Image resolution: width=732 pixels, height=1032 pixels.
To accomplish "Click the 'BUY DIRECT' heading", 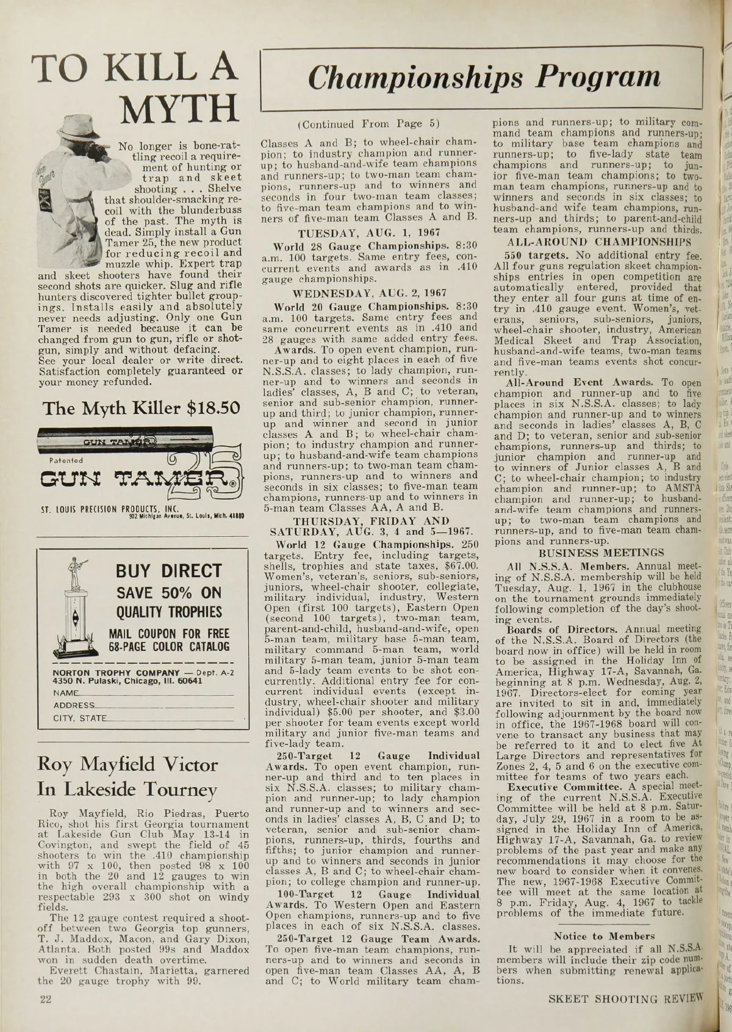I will [168, 571].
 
